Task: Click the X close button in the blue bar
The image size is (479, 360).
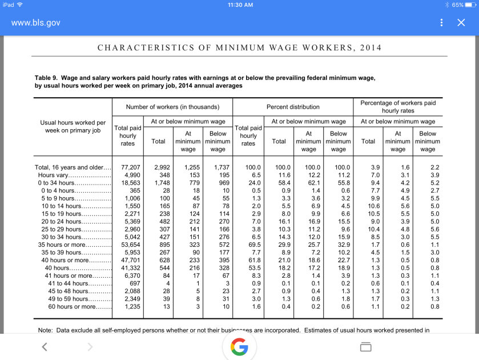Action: coord(461,23)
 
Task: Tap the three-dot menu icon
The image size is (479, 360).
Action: coord(441,23)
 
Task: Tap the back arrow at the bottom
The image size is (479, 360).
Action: coord(45,347)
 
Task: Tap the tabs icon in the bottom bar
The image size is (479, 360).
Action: coord(365,347)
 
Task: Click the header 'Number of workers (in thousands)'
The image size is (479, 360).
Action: coord(172,107)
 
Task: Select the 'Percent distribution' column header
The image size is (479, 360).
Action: coord(293,107)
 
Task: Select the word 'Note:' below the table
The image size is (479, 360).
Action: coord(45,330)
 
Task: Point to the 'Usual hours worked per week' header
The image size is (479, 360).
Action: coord(73,126)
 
